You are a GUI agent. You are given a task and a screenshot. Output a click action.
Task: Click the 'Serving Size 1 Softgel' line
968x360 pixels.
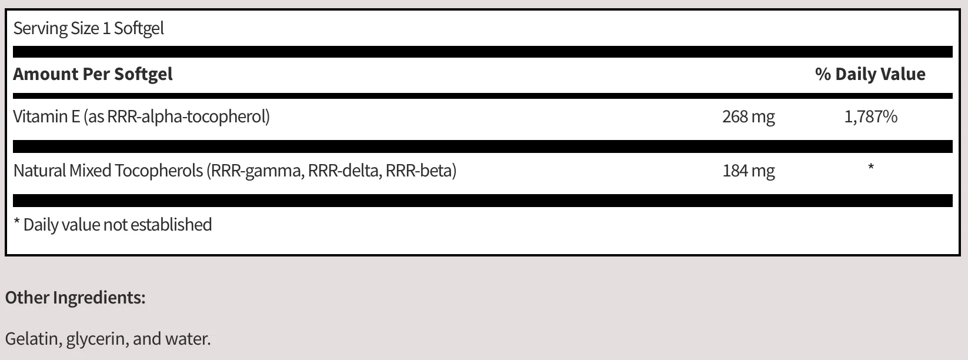point(89,28)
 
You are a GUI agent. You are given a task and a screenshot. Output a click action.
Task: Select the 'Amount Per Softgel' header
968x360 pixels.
point(93,74)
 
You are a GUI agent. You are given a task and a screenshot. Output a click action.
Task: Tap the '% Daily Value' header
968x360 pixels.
point(870,74)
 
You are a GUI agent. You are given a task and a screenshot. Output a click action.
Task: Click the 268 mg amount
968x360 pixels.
point(749,116)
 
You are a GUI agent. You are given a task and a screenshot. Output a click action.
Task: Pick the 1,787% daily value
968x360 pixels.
point(871,116)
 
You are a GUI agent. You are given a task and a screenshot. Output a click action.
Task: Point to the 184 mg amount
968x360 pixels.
point(749,171)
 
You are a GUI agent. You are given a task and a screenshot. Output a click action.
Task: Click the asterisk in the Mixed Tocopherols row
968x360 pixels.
point(871,167)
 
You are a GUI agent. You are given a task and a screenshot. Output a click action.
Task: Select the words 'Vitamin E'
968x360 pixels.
point(46,116)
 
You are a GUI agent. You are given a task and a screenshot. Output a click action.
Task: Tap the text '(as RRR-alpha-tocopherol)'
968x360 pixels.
point(177,116)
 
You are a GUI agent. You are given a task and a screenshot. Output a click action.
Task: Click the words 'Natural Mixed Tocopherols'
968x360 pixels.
point(108,171)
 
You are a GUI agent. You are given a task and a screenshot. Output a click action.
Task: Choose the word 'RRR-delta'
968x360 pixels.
point(345,171)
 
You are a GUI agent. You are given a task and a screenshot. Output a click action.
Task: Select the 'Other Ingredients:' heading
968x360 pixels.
point(75,298)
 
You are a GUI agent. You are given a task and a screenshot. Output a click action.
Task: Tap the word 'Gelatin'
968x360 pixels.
point(32,339)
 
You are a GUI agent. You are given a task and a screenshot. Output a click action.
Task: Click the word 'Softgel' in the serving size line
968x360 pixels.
point(139,28)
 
